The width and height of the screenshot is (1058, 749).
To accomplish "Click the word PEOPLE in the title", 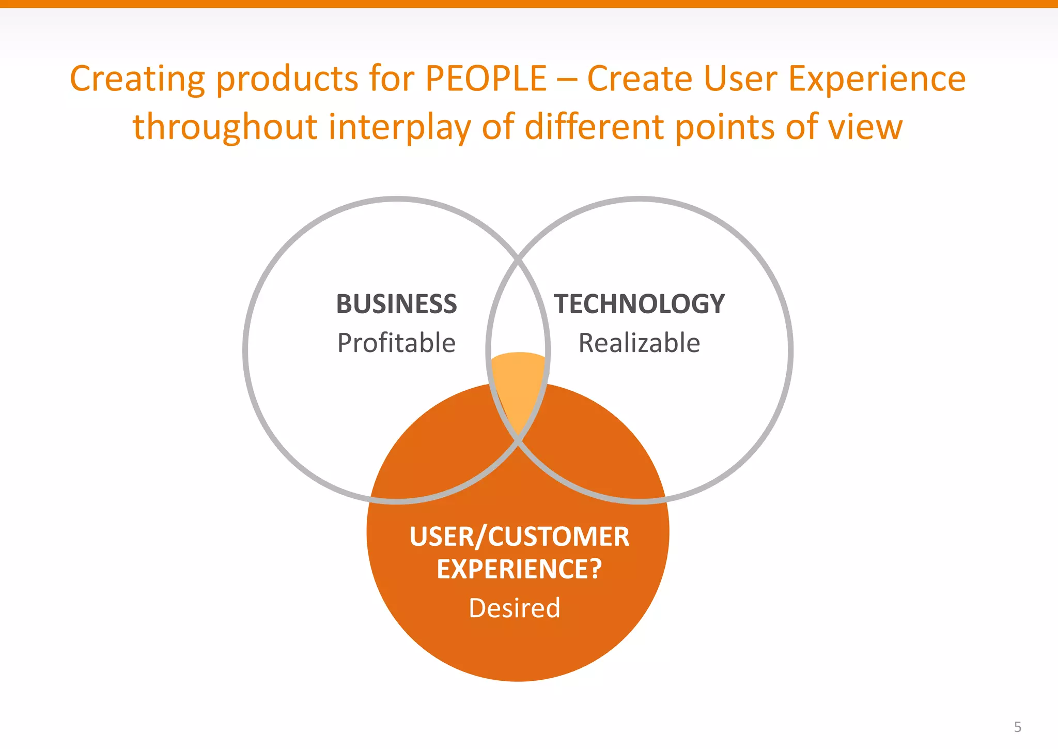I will [x=486, y=79].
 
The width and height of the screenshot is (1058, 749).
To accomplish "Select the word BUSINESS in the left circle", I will [x=396, y=304].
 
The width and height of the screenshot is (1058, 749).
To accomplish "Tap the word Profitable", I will [x=396, y=343].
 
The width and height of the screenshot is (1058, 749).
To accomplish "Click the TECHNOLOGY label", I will [x=639, y=304].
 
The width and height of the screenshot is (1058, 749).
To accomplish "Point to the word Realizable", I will [x=639, y=343].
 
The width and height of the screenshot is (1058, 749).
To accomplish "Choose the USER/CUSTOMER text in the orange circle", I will [x=519, y=537].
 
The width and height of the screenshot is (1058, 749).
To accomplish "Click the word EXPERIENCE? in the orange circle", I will [x=519, y=569].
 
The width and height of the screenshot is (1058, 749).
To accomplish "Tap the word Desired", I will [x=515, y=608].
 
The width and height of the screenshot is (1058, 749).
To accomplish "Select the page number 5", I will [x=1017, y=727].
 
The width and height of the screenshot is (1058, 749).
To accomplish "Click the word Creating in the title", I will [x=137, y=80].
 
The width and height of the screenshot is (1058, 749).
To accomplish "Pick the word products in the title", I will [x=287, y=80].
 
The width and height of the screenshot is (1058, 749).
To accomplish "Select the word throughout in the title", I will [x=225, y=127].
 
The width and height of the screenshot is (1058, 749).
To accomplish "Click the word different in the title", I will [x=594, y=127].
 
